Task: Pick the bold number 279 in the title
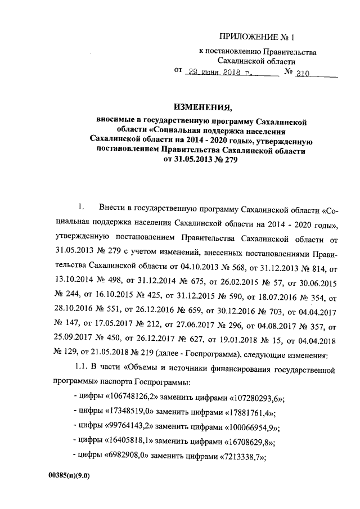pos(237,160)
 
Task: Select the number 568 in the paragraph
pos(249,264)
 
